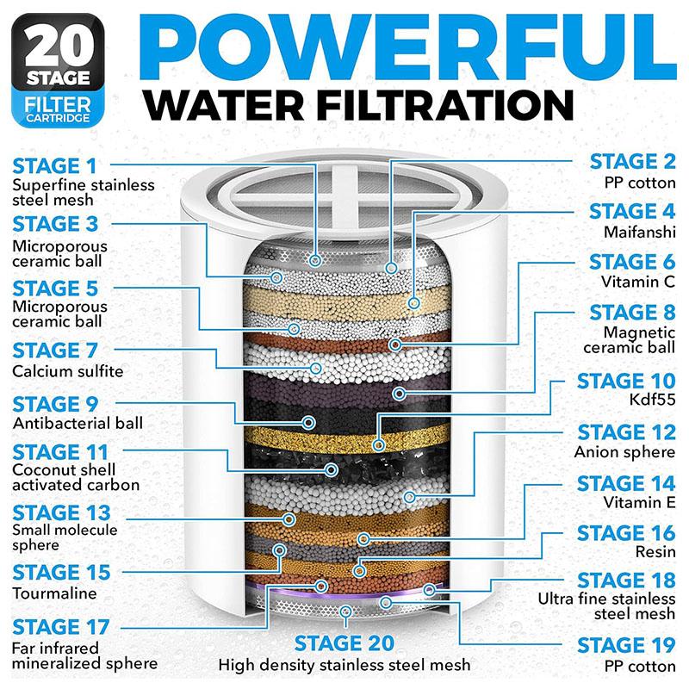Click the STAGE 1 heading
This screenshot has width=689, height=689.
click(55, 164)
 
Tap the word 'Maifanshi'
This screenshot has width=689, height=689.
click(639, 231)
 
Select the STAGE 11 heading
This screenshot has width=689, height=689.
click(61, 451)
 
